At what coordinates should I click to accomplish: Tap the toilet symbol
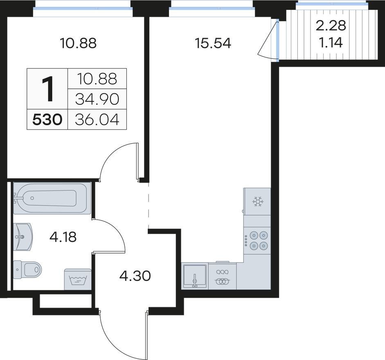point(27,269)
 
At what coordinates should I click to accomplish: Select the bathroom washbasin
point(23,237)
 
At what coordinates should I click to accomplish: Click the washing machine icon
point(78,279)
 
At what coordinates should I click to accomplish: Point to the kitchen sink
point(195,276)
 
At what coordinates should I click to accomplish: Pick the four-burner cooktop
point(257,241)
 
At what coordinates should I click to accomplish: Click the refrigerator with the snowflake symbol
point(257,202)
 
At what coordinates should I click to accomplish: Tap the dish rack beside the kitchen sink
point(223,276)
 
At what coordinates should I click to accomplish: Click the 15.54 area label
point(213,43)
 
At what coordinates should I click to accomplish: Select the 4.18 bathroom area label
point(63,237)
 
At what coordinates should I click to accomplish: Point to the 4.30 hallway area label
point(135,276)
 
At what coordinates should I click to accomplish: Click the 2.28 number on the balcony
point(331,25)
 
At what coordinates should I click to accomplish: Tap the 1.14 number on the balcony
point(331,43)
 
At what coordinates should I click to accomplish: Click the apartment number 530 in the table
point(47,120)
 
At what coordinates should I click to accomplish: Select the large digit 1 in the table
point(47,89)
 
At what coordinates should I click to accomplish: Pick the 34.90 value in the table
point(97,99)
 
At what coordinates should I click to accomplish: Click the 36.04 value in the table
point(97,120)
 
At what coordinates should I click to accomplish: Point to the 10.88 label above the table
point(78,43)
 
